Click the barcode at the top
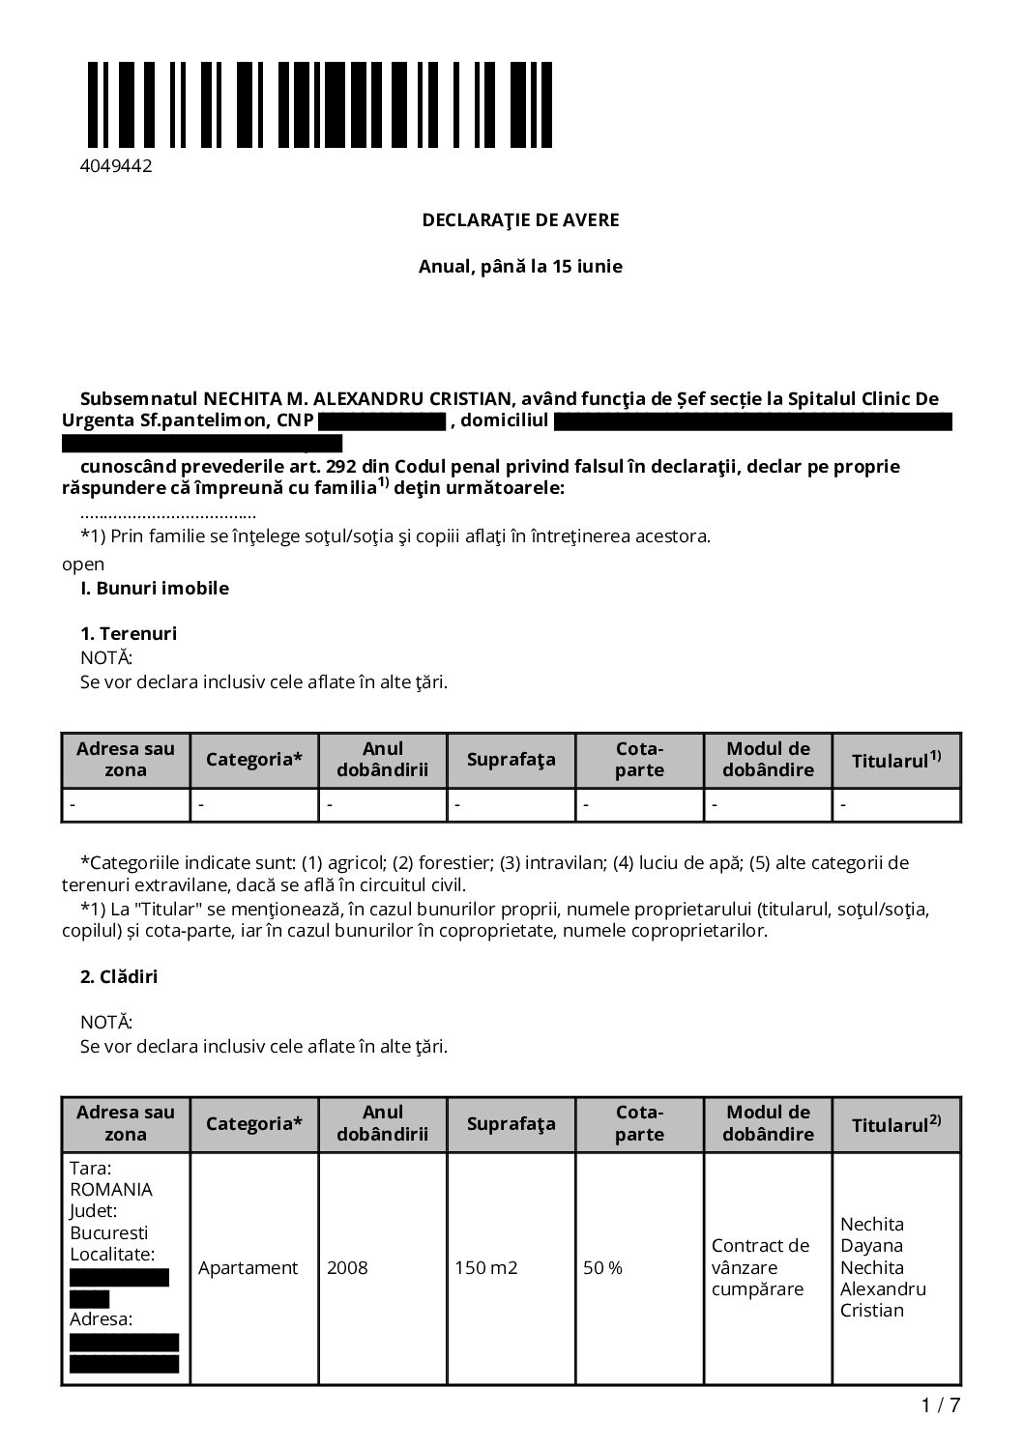pyautogui.click(x=320, y=104)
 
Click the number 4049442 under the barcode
pyautogui.click(x=116, y=166)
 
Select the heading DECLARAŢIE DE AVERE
pyautogui.click(x=520, y=220)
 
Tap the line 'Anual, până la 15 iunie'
pyautogui.click(x=520, y=267)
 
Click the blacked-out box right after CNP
pyautogui.click(x=381, y=421)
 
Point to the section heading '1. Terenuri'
pyautogui.click(x=129, y=634)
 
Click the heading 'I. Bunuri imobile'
pyautogui.click(x=155, y=589)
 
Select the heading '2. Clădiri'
pyautogui.click(x=119, y=977)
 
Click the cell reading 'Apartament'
pyautogui.click(x=248, y=1268)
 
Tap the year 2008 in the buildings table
pyautogui.click(x=347, y=1268)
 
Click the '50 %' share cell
pyautogui.click(x=602, y=1268)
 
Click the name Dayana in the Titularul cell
pyautogui.click(x=871, y=1246)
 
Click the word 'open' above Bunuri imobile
pyautogui.click(x=83, y=564)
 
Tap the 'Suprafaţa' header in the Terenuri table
pyautogui.click(x=511, y=760)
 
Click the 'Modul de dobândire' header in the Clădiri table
pyautogui.click(x=768, y=1123)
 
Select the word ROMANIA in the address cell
pyautogui.click(x=111, y=1190)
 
